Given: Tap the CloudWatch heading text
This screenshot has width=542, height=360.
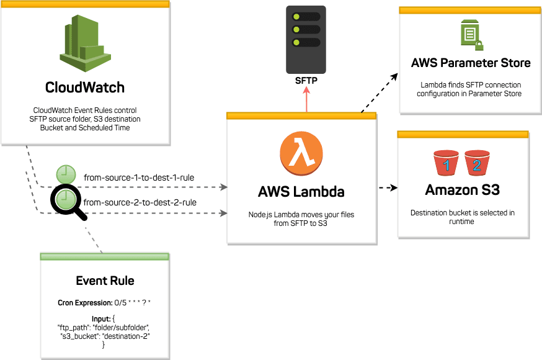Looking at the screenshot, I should pyautogui.click(x=85, y=87).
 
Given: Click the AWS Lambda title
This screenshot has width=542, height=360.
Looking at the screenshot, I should pyautogui.click(x=301, y=191).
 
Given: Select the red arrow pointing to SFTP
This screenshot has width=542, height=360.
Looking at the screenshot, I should pyautogui.click(x=305, y=99).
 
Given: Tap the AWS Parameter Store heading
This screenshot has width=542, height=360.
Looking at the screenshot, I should pyautogui.click(x=471, y=63).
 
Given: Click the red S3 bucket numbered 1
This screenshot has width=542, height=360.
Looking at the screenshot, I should pyautogui.click(x=446, y=164).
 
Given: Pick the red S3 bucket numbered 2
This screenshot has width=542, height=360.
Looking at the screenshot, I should pyautogui.click(x=476, y=164).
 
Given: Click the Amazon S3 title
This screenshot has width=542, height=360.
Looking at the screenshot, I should pyautogui.click(x=463, y=191).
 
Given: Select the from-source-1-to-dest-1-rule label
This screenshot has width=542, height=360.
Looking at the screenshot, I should pyautogui.click(x=139, y=178).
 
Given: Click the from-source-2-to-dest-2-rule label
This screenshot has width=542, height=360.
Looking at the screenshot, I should pyautogui.click(x=140, y=202).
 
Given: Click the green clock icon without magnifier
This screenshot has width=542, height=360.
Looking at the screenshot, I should pyautogui.click(x=65, y=174).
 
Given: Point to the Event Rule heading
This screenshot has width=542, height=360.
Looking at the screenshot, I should pyautogui.click(x=105, y=281).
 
